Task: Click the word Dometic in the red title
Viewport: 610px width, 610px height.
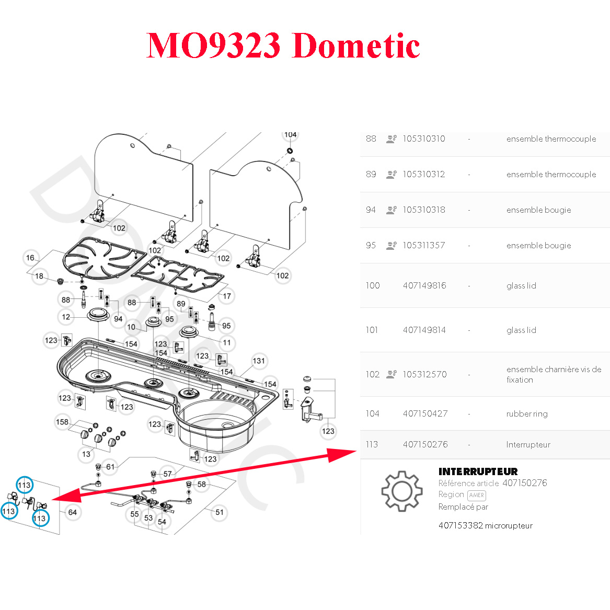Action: pyautogui.click(x=356, y=45)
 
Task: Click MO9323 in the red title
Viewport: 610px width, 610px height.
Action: pyautogui.click(x=213, y=45)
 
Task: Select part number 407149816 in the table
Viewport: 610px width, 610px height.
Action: pyautogui.click(x=424, y=285)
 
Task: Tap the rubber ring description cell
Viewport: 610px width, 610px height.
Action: pyautogui.click(x=527, y=413)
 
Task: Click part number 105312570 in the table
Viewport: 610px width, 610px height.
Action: pyautogui.click(x=424, y=374)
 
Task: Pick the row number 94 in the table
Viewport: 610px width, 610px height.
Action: pyautogui.click(x=371, y=210)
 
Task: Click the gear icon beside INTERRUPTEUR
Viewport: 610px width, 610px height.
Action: pyautogui.click(x=401, y=491)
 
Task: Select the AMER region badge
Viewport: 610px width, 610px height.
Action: pyautogui.click(x=476, y=495)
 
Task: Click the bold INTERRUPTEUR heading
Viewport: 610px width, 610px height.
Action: pyautogui.click(x=478, y=471)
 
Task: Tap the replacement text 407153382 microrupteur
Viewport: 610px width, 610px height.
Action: pyautogui.click(x=485, y=525)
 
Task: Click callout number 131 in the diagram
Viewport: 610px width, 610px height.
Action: pyautogui.click(x=259, y=361)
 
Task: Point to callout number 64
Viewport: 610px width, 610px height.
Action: pyautogui.click(x=72, y=512)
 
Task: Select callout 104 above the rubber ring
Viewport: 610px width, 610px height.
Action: pyautogui.click(x=290, y=135)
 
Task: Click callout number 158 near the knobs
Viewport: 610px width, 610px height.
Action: pyautogui.click(x=62, y=422)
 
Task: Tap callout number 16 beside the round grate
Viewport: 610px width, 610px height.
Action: pyautogui.click(x=30, y=258)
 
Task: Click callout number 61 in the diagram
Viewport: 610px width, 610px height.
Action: pyautogui.click(x=110, y=467)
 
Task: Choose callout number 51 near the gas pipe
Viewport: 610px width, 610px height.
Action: pyautogui.click(x=220, y=512)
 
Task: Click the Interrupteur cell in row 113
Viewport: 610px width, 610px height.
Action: pyautogui.click(x=528, y=444)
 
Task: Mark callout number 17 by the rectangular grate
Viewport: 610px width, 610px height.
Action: pyautogui.click(x=227, y=296)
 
